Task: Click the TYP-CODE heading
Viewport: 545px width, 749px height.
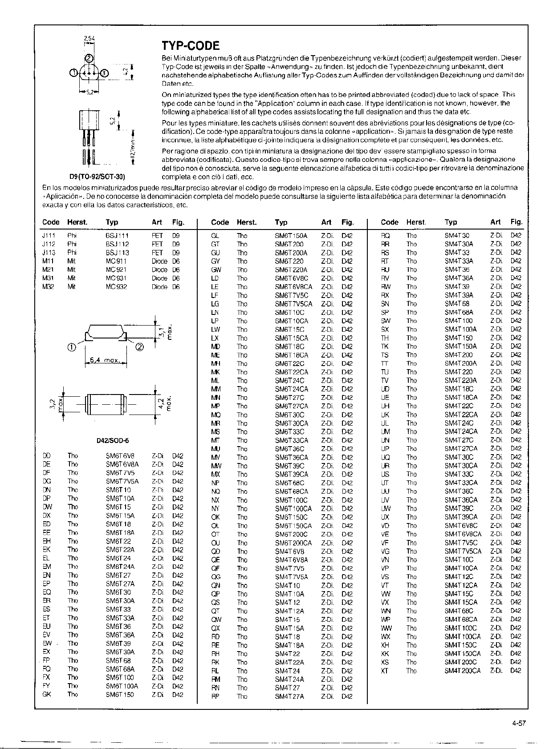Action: coord(191,46)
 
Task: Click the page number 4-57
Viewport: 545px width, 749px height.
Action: coord(519,723)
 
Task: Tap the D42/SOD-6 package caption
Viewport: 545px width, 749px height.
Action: coord(113,441)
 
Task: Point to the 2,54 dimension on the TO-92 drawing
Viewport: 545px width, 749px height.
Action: coord(89,39)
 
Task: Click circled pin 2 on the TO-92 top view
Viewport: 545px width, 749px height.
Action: coord(89,59)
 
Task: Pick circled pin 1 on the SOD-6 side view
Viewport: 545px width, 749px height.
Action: coord(71,347)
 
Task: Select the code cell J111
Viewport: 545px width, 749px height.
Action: coord(48,236)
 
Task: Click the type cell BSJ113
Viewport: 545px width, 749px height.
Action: coord(118,253)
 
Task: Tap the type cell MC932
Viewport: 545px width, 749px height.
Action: coord(117,287)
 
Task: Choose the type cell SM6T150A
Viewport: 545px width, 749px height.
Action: coord(291,236)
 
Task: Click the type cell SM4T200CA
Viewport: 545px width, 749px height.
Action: coord(463,671)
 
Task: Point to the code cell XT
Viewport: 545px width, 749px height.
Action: coord(385,671)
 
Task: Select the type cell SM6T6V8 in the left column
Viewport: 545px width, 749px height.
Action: coord(120,456)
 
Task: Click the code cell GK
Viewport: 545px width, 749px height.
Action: coord(47,694)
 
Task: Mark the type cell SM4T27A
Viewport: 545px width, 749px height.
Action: coord(289,697)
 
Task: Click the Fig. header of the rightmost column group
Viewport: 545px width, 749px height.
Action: coord(517,222)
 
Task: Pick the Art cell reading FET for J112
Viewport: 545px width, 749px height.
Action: coord(157,244)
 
